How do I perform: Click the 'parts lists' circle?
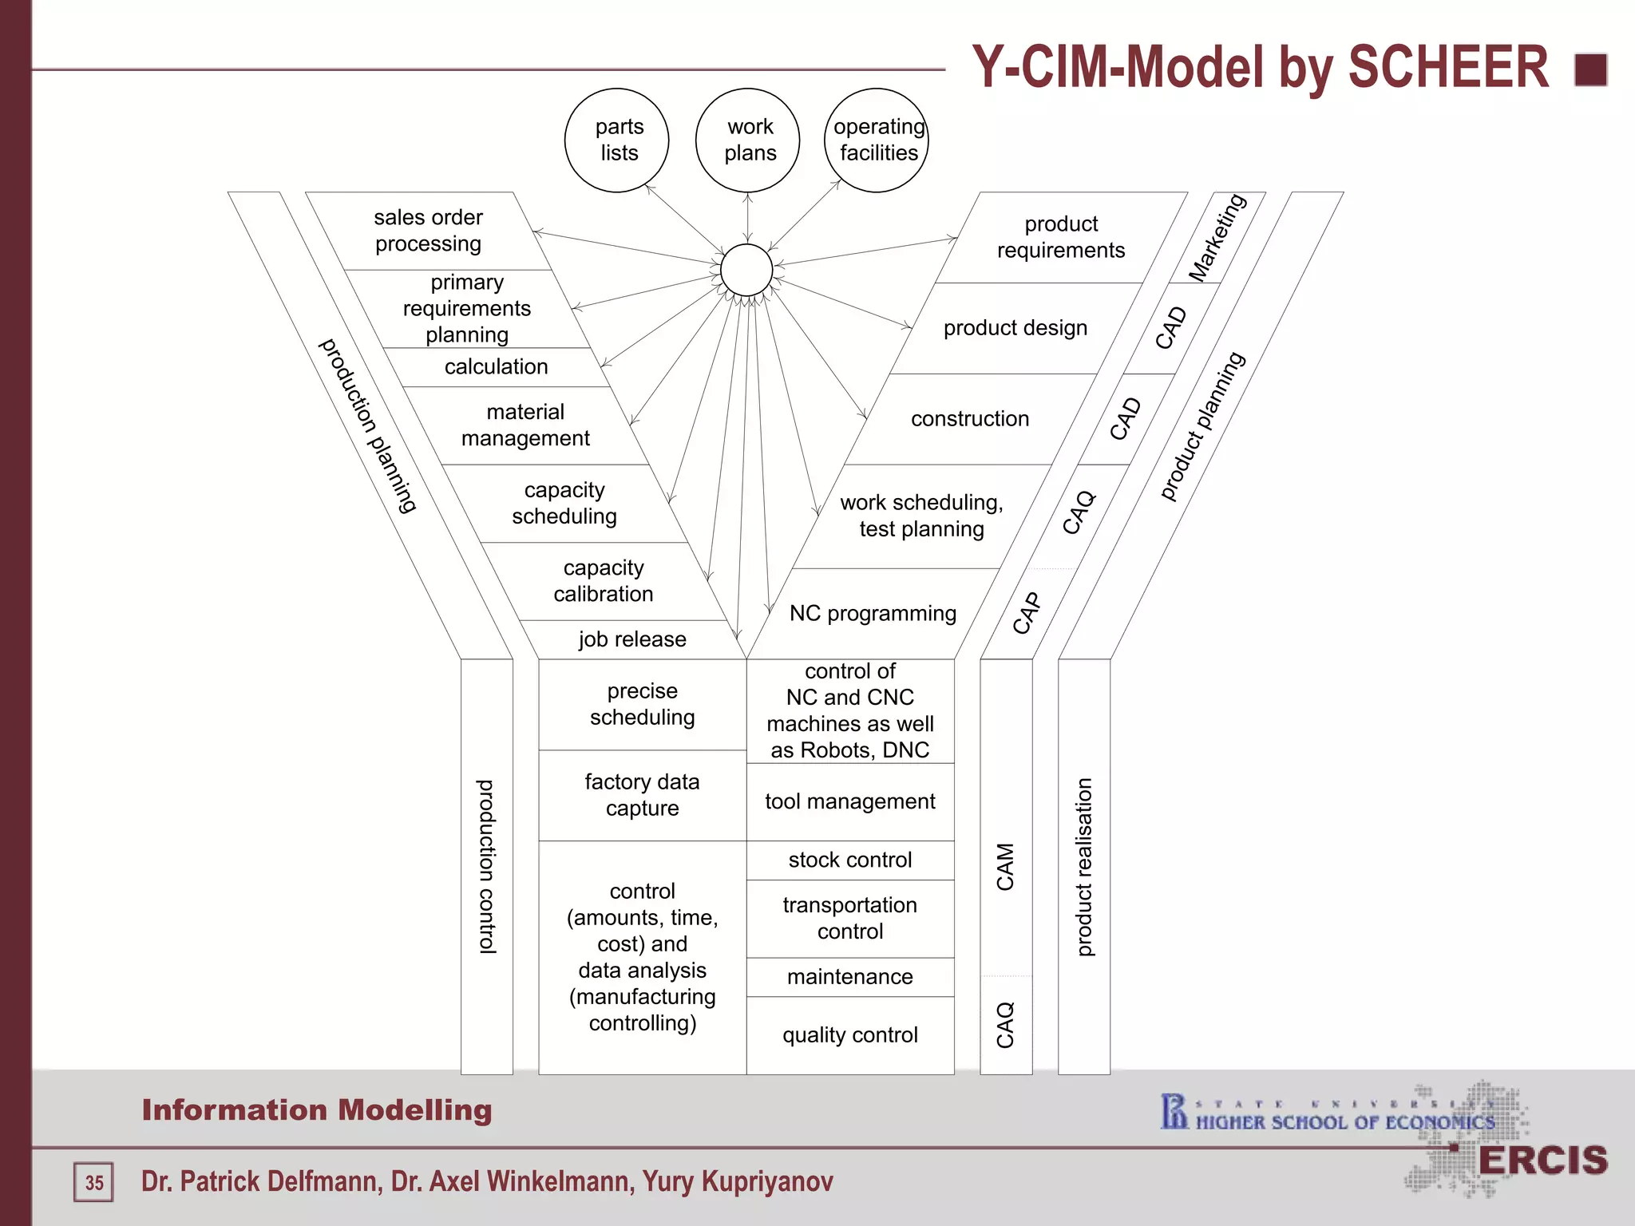[616, 140]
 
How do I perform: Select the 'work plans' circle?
[748, 140]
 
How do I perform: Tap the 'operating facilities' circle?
[877, 140]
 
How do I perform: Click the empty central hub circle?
[746, 271]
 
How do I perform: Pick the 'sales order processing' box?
[429, 231]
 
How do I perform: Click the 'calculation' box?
[496, 367]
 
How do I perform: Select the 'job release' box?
[632, 639]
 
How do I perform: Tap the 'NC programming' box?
[873, 613]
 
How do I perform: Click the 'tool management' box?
[850, 801]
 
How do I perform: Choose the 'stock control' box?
[850, 860]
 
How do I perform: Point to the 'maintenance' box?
[850, 977]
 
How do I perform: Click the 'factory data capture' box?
[643, 795]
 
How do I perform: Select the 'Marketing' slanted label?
[1217, 238]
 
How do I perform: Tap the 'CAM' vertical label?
[1006, 867]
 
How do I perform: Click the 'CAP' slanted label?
[1027, 613]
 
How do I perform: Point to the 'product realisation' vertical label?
[1084, 867]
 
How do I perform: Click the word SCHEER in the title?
[1448, 67]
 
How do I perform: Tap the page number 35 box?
[94, 1182]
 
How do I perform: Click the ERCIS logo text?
[1542, 1161]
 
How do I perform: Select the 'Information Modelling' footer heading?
[317, 1110]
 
